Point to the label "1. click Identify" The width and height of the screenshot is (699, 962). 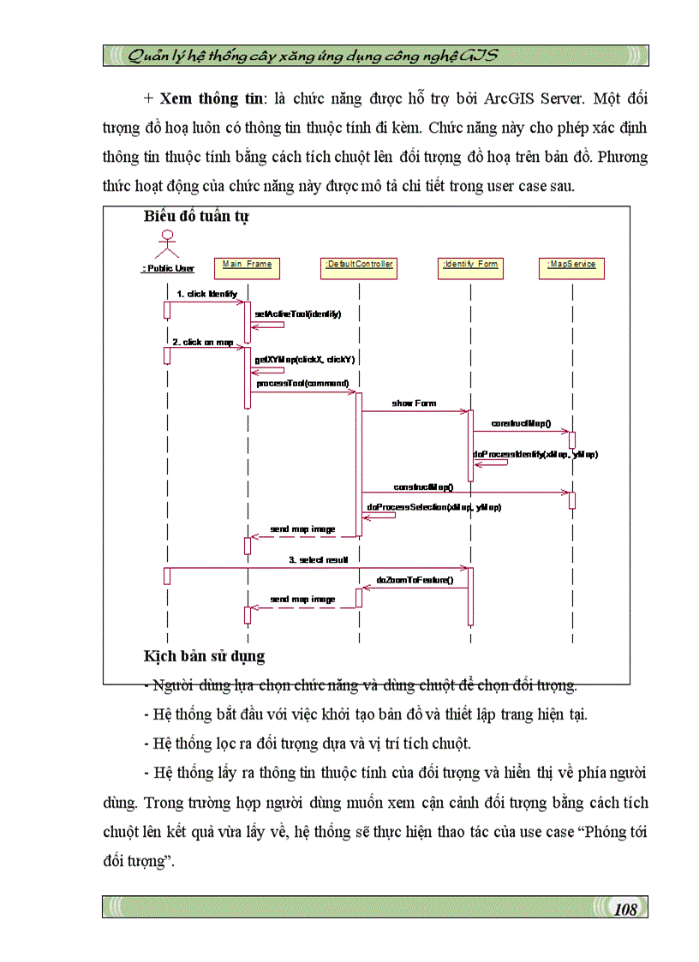point(206,294)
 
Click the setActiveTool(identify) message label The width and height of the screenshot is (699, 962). point(297,314)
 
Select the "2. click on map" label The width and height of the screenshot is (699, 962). point(203,342)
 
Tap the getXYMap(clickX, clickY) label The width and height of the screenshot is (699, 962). point(303,360)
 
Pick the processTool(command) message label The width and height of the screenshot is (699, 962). point(302,383)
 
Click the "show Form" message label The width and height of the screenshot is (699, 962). point(414,403)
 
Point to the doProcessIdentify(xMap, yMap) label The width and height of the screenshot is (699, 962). point(535,454)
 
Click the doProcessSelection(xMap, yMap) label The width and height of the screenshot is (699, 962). point(433,507)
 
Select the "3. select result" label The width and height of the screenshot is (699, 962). point(318,559)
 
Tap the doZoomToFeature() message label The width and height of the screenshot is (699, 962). point(415,580)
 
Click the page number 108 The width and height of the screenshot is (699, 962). point(626,909)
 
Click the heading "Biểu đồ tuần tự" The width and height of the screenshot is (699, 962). point(196,217)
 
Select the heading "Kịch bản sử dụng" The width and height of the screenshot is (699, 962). point(204,657)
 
